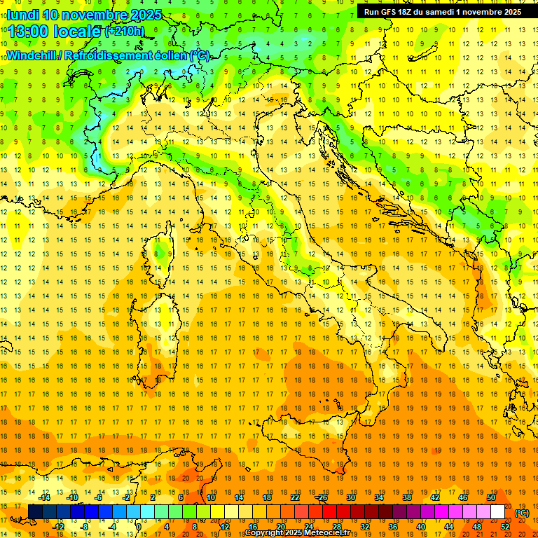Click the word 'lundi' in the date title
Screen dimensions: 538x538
tap(22, 15)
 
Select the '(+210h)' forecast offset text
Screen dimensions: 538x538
tap(124, 32)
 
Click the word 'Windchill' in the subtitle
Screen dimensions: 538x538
tap(33, 55)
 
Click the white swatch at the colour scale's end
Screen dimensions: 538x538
tap(497, 512)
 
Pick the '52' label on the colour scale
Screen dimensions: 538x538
tap(505, 527)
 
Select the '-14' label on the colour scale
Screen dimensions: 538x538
tap(44, 497)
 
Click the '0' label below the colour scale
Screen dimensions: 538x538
tap(139, 527)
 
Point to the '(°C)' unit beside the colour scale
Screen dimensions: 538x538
tap(521, 513)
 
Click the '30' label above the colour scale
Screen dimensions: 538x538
tap(350, 497)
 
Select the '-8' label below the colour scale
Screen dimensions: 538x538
tap(85, 527)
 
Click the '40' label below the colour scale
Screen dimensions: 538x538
tap(421, 527)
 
